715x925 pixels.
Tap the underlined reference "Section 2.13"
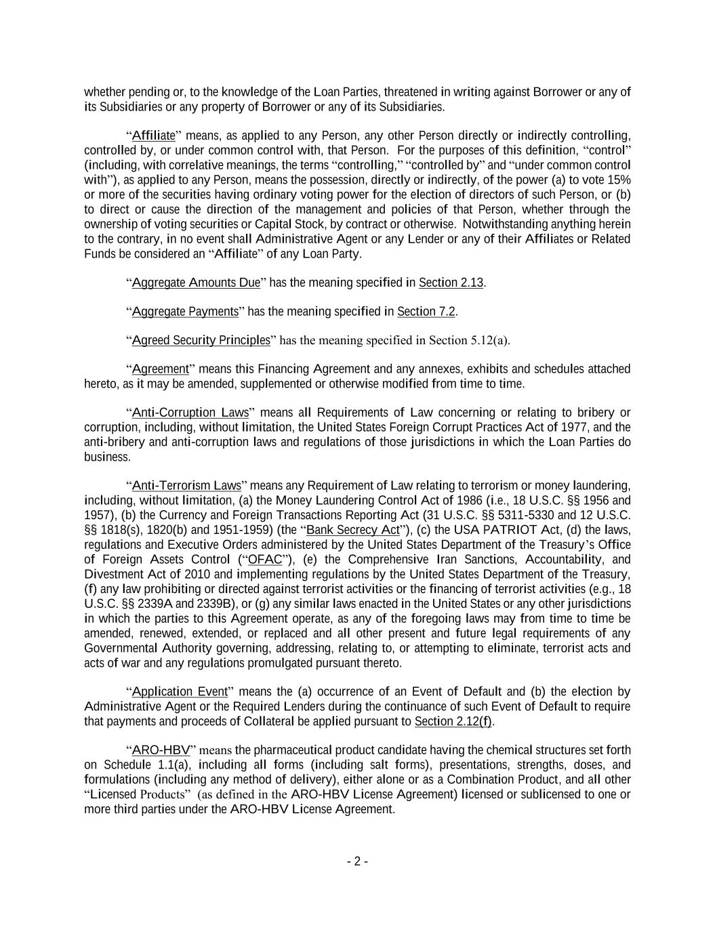(451, 283)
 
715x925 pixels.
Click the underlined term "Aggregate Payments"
(185, 312)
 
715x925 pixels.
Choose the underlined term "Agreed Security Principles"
(201, 340)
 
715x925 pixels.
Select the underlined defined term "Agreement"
(160, 369)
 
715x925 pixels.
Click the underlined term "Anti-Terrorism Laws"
(186, 486)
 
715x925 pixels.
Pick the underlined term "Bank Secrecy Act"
(353, 530)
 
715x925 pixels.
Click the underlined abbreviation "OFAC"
(265, 560)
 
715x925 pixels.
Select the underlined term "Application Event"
(180, 692)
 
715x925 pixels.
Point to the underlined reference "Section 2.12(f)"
(453, 722)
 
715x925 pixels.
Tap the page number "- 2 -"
(357, 862)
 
